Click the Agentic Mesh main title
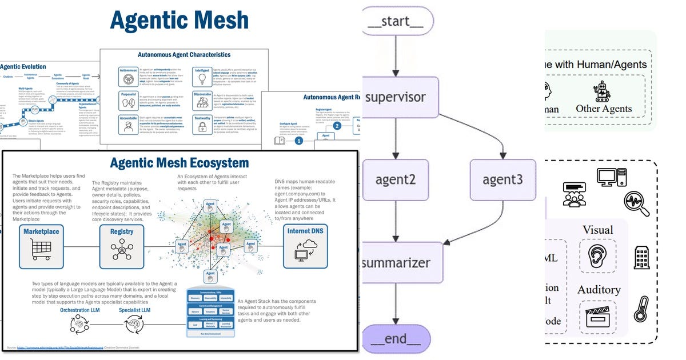179,21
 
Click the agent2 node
395,179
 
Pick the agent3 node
502,179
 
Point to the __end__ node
396,338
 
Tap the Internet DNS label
306,231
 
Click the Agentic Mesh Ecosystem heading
179,163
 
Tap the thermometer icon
641,309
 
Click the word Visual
597,230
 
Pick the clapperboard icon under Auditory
597,317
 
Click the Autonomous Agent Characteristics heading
184,55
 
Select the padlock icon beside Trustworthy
203,127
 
